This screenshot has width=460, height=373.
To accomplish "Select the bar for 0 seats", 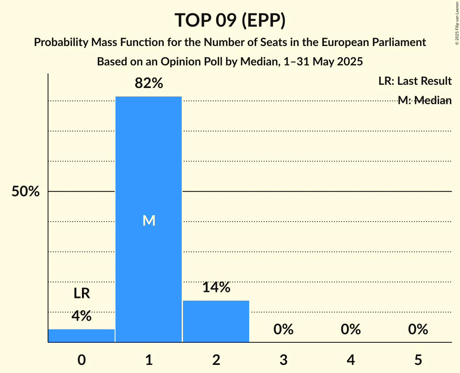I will click(x=82, y=335).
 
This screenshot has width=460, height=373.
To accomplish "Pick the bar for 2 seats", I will click(x=216, y=321).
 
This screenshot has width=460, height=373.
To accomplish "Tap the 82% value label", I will click(x=149, y=84).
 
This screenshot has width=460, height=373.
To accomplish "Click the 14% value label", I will click(x=216, y=287).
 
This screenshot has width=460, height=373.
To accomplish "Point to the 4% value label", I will click(x=82, y=316).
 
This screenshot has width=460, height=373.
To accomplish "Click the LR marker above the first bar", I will click(x=82, y=293).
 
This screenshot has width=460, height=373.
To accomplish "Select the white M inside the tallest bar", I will click(x=149, y=220).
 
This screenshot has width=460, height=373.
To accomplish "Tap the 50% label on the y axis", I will click(x=25, y=192).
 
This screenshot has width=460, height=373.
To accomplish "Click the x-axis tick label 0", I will click(x=82, y=360).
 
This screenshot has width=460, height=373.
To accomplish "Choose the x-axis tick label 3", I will click(x=283, y=360).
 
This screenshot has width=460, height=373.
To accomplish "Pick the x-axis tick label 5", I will click(x=418, y=360).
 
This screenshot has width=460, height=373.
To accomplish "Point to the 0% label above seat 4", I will click(x=351, y=330).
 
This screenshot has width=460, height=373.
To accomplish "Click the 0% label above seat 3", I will click(x=283, y=330).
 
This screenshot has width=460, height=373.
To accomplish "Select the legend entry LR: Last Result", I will click(x=415, y=81).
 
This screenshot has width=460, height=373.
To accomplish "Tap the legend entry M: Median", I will click(x=424, y=101).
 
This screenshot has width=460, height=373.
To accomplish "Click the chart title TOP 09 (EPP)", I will click(x=230, y=20).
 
